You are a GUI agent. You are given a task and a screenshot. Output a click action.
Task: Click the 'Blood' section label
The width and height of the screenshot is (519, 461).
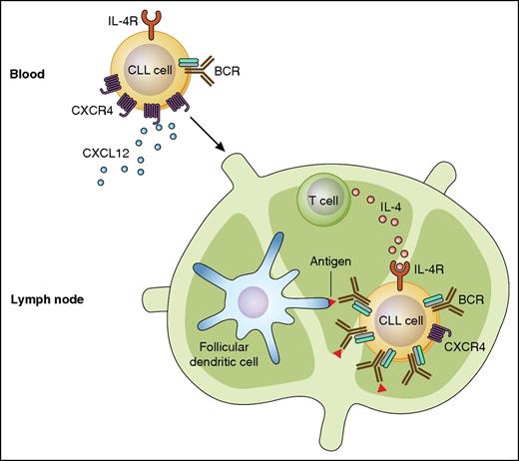tap(28, 75)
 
